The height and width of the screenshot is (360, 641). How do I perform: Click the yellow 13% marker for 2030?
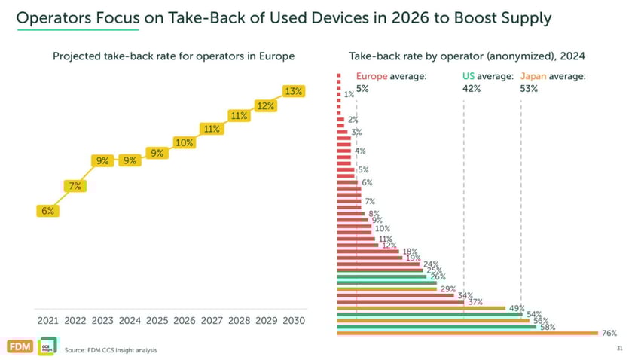click(x=293, y=91)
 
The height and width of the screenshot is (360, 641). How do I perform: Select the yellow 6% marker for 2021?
click(x=47, y=211)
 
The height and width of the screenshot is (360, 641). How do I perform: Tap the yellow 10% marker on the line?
click(x=185, y=142)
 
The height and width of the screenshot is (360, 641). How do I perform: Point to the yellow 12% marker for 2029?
click(x=266, y=106)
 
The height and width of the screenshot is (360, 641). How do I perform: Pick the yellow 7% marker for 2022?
click(x=75, y=185)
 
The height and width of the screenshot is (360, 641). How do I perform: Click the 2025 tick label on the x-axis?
click(x=157, y=320)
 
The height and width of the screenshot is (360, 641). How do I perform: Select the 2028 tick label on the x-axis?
click(x=239, y=320)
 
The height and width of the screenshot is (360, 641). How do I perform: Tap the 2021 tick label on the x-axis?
click(x=47, y=320)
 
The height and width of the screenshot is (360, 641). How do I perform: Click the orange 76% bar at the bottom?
click(x=467, y=332)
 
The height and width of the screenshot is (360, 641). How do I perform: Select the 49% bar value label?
click(x=517, y=308)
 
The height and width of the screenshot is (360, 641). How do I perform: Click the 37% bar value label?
click(x=475, y=301)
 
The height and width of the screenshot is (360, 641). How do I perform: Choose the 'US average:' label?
click(x=487, y=76)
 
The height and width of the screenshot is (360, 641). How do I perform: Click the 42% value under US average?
click(x=471, y=88)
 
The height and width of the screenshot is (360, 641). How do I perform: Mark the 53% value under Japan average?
click(x=529, y=88)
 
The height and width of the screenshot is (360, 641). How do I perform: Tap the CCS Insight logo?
click(x=46, y=346)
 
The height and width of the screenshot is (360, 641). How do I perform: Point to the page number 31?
click(x=620, y=349)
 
